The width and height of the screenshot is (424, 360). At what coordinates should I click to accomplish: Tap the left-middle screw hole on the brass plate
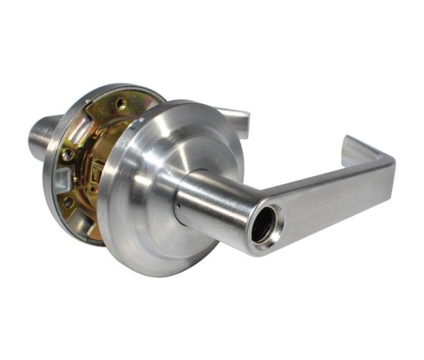67,154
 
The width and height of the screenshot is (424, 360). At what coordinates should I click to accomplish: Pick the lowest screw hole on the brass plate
69,202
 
